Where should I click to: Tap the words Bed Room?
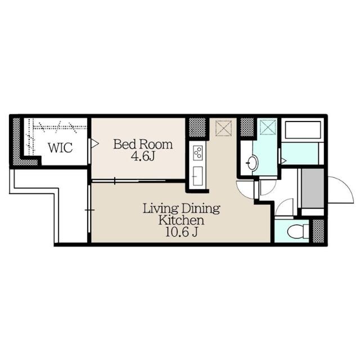(143, 145)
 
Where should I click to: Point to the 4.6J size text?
(143, 156)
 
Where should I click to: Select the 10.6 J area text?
(181, 231)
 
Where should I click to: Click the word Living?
(160, 209)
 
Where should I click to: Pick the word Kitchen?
(181, 220)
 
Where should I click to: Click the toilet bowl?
(295, 231)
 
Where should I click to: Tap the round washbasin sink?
(252, 164)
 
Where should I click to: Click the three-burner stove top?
(198, 152)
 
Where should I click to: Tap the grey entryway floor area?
(312, 188)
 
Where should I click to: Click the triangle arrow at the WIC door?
(94, 145)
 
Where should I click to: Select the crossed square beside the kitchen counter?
(224, 128)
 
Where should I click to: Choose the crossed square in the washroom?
(268, 127)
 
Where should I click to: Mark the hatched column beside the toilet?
(318, 231)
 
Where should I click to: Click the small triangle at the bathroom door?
(284, 161)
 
